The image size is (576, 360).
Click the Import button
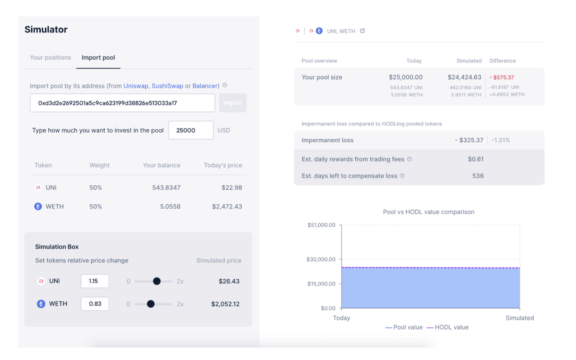pyautogui.click(x=233, y=103)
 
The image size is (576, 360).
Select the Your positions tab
pyautogui.click(x=50, y=57)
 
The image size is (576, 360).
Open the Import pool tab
pyautogui.click(x=98, y=58)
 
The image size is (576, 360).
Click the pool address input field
pyautogui.click(x=122, y=103)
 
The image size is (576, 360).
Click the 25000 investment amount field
pyautogui.click(x=191, y=130)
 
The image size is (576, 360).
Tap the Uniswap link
pyautogui.click(x=136, y=86)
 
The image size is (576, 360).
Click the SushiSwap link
pyautogui.click(x=167, y=86)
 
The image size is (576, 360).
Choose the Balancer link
pyautogui.click(x=205, y=86)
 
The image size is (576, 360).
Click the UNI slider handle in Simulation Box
pyautogui.click(x=157, y=281)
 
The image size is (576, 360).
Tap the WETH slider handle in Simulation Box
pyautogui.click(x=151, y=304)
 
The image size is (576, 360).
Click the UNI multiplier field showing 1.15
pyautogui.click(x=95, y=281)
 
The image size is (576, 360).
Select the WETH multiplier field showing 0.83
pyautogui.click(x=95, y=304)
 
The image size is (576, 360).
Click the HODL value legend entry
pyautogui.click(x=448, y=327)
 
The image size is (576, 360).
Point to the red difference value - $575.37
pyautogui.click(x=502, y=78)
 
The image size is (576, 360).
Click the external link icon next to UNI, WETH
pyautogui.click(x=362, y=31)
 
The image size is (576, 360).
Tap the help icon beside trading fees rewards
pyautogui.click(x=410, y=159)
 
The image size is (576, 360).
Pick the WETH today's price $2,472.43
pyautogui.click(x=227, y=206)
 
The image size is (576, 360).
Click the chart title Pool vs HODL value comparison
pyautogui.click(x=429, y=212)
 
